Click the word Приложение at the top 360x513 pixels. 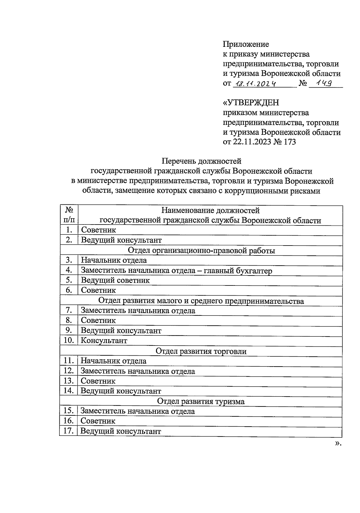(246, 44)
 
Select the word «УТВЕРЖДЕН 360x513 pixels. (251, 103)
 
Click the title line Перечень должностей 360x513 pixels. (202, 161)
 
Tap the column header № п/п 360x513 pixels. (69, 215)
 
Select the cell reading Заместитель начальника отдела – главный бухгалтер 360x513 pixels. (176, 270)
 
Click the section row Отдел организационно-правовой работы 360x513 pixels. (201, 250)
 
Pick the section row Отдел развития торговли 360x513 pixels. (201, 351)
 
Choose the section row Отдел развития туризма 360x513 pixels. (201, 401)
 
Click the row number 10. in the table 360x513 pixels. (69, 340)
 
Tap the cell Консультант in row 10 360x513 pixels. (104, 341)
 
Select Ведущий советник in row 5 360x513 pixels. (115, 280)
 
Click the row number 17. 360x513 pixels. (69, 431)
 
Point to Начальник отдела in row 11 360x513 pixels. (113, 361)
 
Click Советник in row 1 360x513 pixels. (98, 230)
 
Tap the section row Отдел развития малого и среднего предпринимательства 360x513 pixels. (201, 301)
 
